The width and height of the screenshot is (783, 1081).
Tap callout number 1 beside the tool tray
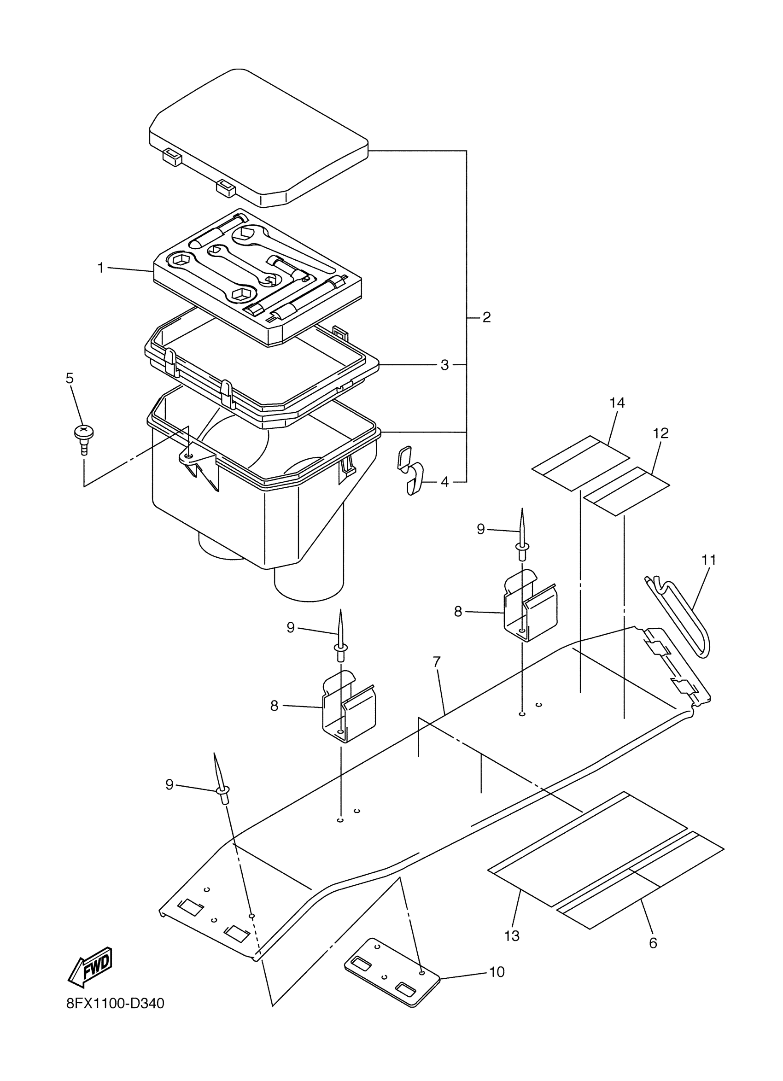[100, 269]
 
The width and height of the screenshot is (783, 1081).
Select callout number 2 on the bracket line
[486, 317]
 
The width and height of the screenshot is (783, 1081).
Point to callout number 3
[444, 365]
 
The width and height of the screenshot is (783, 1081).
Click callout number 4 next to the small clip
[444, 482]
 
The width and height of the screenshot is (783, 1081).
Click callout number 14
[617, 403]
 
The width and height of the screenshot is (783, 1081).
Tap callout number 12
[660, 433]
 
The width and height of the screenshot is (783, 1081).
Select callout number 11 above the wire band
[709, 560]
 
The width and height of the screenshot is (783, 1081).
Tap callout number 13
[511, 936]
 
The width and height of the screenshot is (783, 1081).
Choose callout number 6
[652, 943]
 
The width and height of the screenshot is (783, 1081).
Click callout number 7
[437, 662]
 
